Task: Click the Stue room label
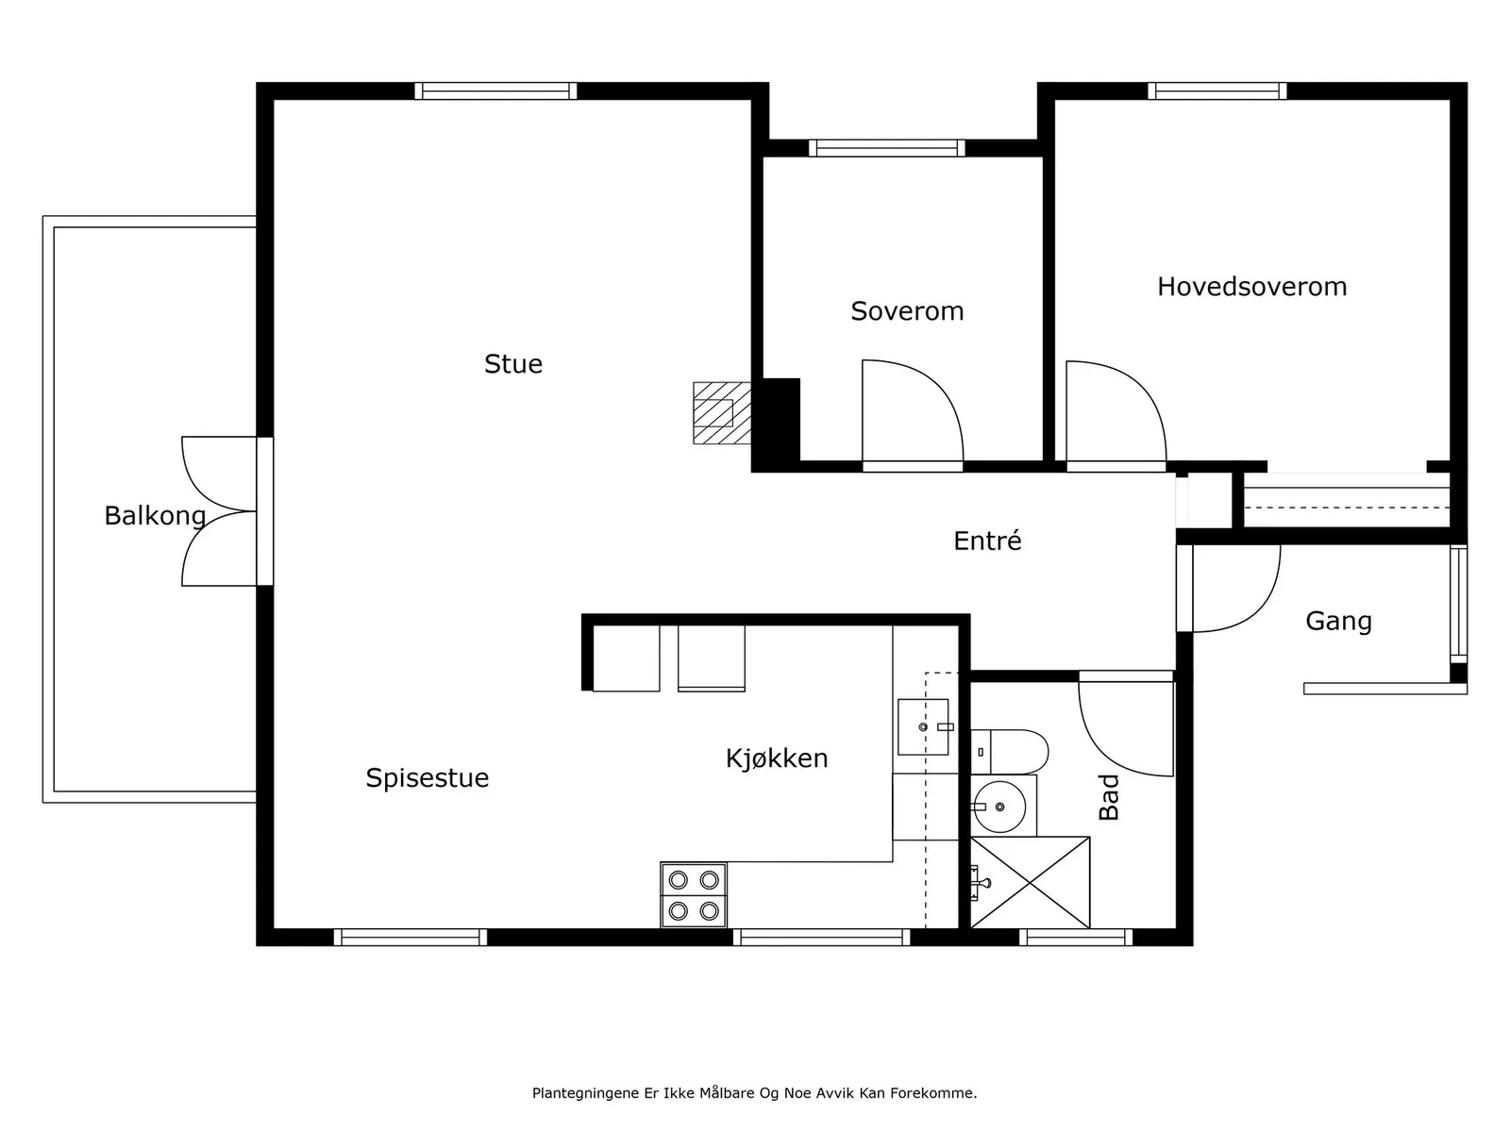(512, 363)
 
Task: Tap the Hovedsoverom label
(1251, 287)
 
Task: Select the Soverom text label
(907, 311)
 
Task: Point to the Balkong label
(155, 515)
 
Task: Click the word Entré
(987, 541)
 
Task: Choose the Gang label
(1338, 622)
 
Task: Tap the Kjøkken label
(777, 758)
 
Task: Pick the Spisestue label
(428, 777)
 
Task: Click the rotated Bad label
(1109, 797)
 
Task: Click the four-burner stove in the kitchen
(694, 895)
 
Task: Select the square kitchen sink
(923, 727)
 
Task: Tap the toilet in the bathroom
(1009, 752)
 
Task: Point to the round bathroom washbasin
(999, 807)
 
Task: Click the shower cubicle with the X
(1030, 882)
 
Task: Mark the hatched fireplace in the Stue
(722, 413)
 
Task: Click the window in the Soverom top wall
(886, 148)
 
